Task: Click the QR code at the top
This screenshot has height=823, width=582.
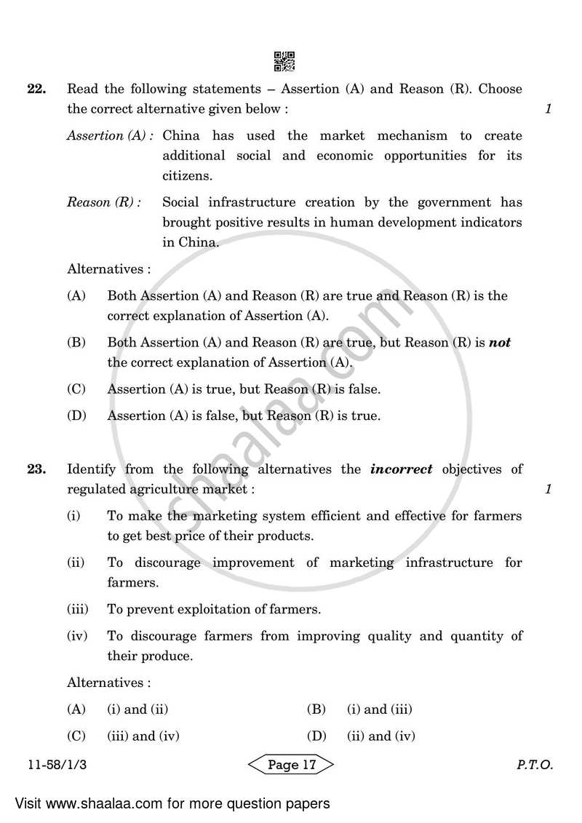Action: (284, 62)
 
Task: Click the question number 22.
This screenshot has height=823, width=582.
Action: (36, 90)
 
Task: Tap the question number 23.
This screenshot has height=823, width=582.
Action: (36, 469)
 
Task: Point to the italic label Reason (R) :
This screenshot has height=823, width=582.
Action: (104, 202)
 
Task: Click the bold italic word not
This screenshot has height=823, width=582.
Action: (500, 342)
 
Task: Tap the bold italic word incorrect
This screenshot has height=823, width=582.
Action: (401, 469)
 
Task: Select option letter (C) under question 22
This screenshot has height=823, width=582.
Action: (76, 389)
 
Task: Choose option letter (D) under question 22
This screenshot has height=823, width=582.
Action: (76, 416)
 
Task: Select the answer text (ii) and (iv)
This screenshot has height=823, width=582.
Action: (380, 736)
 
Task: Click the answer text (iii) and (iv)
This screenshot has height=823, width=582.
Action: (143, 736)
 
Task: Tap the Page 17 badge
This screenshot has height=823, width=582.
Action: (291, 765)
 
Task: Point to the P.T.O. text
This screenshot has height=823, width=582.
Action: (535, 766)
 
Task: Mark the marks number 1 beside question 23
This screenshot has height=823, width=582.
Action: (549, 490)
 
